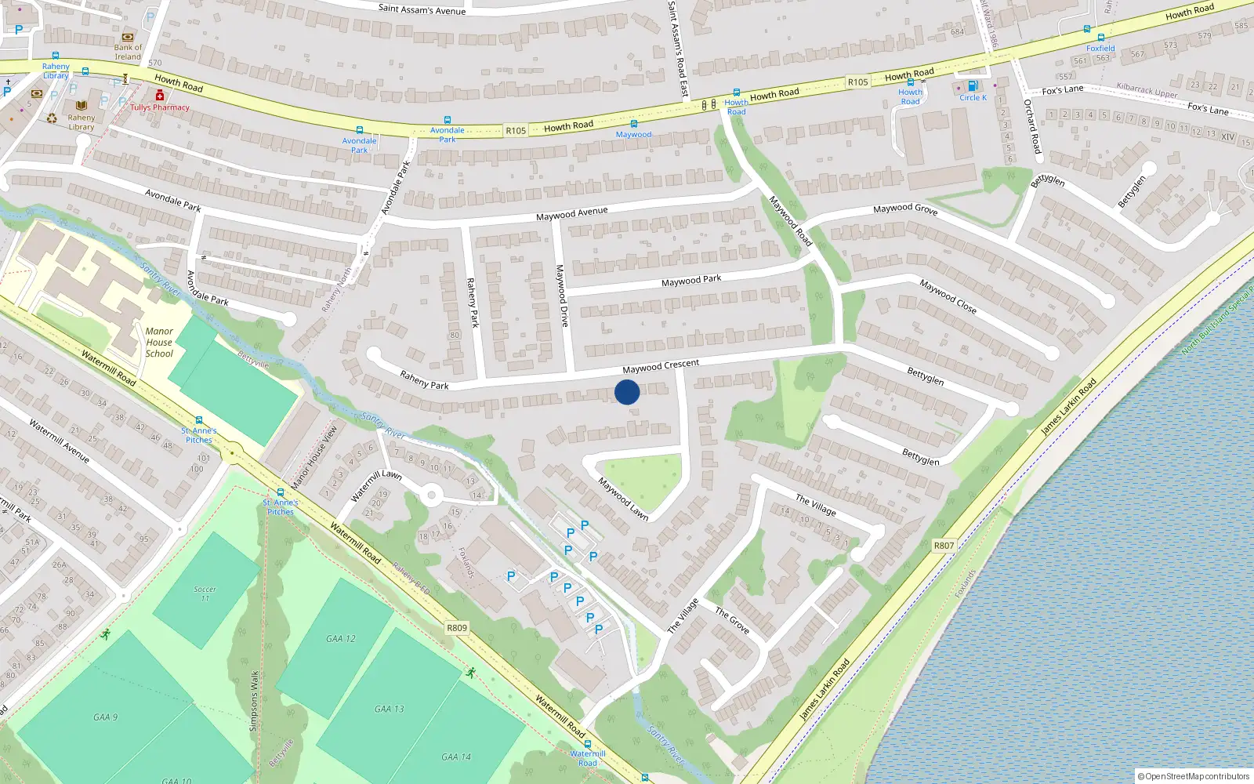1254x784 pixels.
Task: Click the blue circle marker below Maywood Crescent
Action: [627, 392]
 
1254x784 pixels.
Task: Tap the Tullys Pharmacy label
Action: [160, 107]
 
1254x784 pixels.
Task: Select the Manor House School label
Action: [159, 343]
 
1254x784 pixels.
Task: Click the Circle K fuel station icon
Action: [973, 86]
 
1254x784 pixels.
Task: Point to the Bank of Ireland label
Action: [128, 52]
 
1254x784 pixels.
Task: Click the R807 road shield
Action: [944, 546]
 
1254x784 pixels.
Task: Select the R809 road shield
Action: [457, 628]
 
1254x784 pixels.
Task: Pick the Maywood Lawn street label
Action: [623, 499]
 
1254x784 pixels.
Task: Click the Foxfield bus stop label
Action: [1100, 48]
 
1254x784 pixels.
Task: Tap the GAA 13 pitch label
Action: [389, 709]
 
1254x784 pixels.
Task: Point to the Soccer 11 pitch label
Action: [205, 593]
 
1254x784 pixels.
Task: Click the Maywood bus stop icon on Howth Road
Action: [633, 124]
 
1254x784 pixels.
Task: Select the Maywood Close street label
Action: [948, 296]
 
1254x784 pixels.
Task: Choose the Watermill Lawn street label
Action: [376, 485]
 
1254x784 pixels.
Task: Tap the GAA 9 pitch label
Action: [105, 717]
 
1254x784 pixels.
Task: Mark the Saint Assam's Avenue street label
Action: [422, 9]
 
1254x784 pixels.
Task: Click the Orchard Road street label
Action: [1033, 125]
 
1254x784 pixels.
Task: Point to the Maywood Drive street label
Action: [562, 296]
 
